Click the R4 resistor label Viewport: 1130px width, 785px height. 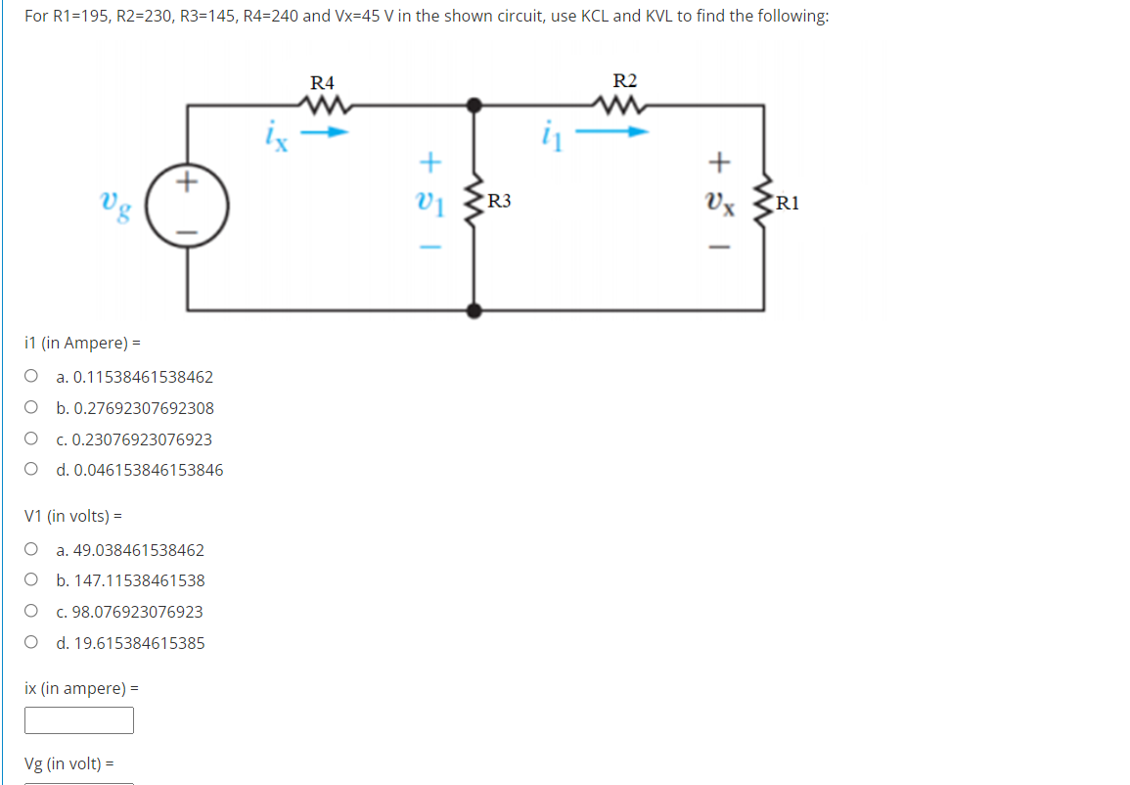322,81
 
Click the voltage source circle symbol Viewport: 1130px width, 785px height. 188,206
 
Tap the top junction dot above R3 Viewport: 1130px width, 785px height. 474,104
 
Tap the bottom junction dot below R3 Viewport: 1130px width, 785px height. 474,311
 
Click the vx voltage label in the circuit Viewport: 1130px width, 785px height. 719,204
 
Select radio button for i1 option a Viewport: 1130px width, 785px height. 32,376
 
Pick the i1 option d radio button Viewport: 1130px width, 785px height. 32,469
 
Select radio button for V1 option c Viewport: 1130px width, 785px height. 32,611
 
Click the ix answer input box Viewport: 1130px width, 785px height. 79,720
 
